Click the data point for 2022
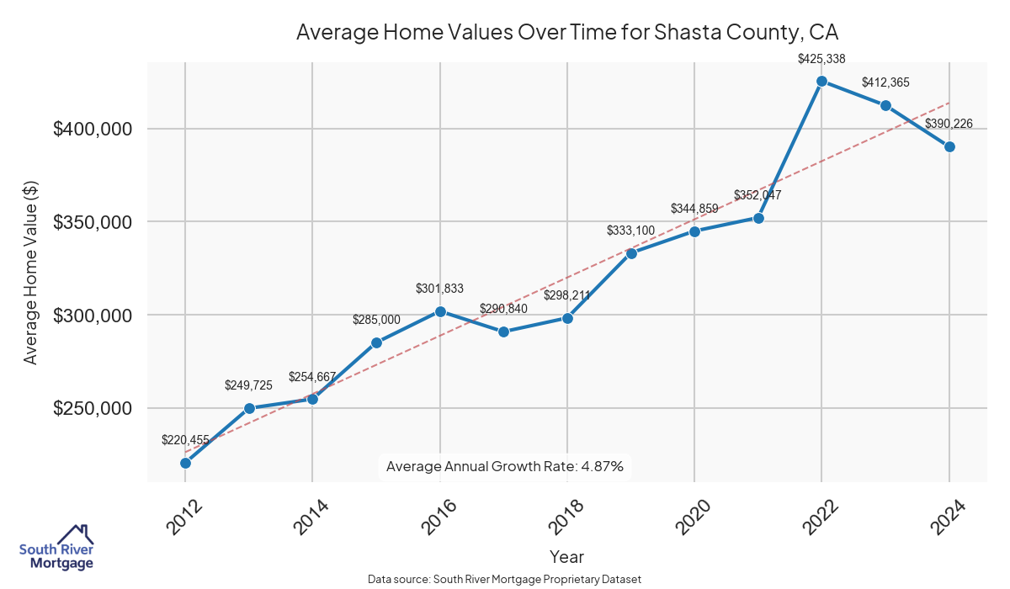(822, 82)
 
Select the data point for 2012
(185, 463)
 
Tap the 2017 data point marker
(503, 332)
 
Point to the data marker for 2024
(949, 146)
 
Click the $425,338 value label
(821, 59)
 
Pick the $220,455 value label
(185, 440)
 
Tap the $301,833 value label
(439, 289)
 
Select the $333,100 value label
(630, 231)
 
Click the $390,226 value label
(949, 124)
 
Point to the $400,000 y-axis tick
(93, 130)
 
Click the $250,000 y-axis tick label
(93, 409)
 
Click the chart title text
(567, 33)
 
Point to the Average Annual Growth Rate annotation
(504, 466)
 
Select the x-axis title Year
(566, 556)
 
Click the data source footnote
(505, 580)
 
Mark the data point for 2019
(631, 253)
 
